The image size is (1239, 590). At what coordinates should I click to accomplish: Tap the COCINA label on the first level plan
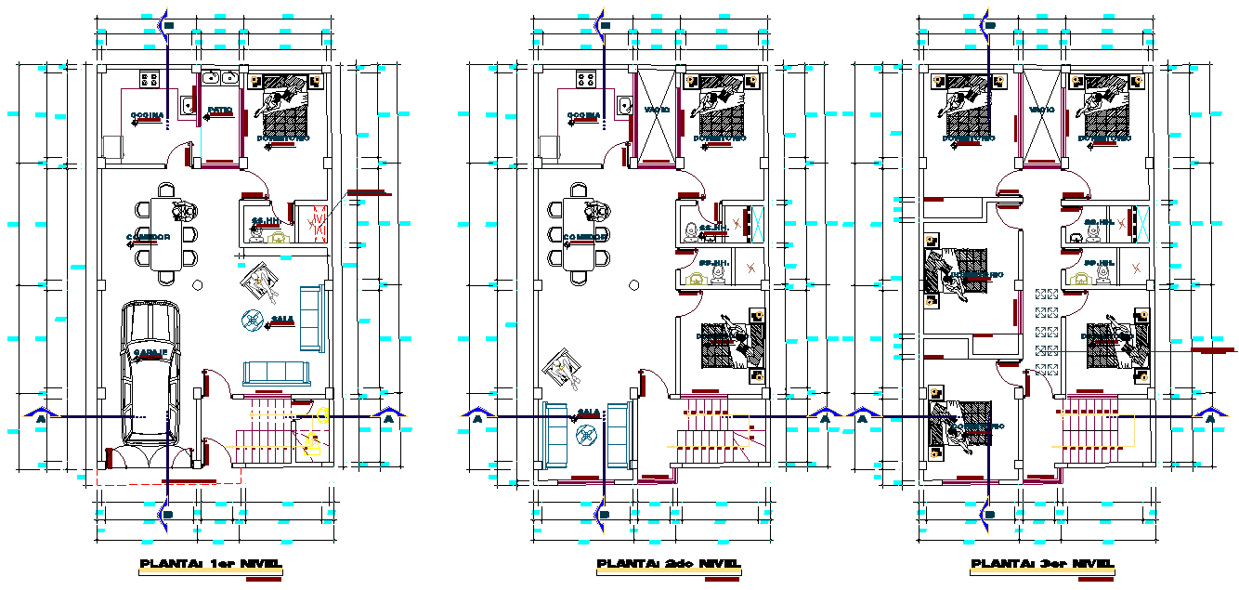148,115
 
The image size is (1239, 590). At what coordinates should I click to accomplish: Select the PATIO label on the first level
220,110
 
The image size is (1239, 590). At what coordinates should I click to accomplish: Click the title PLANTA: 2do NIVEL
668,564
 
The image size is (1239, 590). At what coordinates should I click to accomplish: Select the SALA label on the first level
283,320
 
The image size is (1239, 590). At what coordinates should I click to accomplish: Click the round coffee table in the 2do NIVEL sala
588,433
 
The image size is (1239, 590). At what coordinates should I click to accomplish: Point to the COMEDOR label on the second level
586,238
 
